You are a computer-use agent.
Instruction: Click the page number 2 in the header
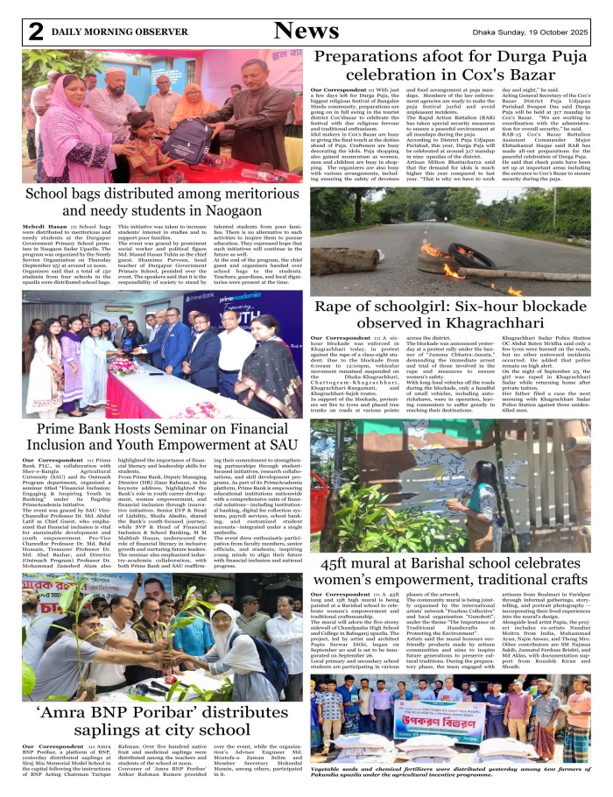(35, 32)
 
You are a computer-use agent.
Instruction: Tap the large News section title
(306, 31)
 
